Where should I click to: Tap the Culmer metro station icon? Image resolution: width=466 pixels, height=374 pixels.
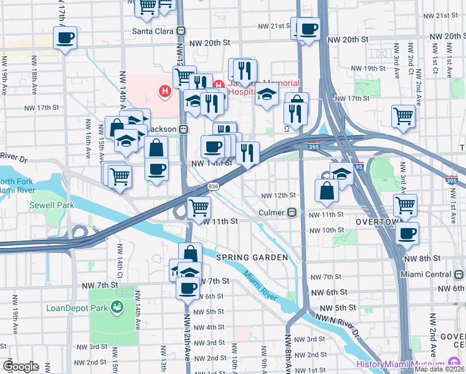click(x=291, y=213)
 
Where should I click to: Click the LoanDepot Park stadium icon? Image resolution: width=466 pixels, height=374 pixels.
click(x=116, y=307)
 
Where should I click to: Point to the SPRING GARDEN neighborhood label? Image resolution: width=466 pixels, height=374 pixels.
click(x=252, y=257)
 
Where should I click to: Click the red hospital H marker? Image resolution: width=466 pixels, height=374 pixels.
click(x=165, y=92)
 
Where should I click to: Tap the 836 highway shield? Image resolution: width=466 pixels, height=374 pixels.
click(x=214, y=186)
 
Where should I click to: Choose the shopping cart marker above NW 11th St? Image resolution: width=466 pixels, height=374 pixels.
click(x=199, y=206)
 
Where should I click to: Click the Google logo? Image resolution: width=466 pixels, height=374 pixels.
click(x=21, y=367)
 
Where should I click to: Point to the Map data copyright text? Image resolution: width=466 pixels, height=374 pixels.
click(x=440, y=369)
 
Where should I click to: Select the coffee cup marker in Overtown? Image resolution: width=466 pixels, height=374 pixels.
click(x=407, y=234)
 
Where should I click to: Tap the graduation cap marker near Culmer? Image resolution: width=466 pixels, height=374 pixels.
click(x=341, y=173)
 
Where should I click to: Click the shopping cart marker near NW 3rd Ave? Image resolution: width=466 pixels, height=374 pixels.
click(x=404, y=115)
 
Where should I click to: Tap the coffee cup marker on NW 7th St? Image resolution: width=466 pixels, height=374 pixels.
click(x=188, y=287)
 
